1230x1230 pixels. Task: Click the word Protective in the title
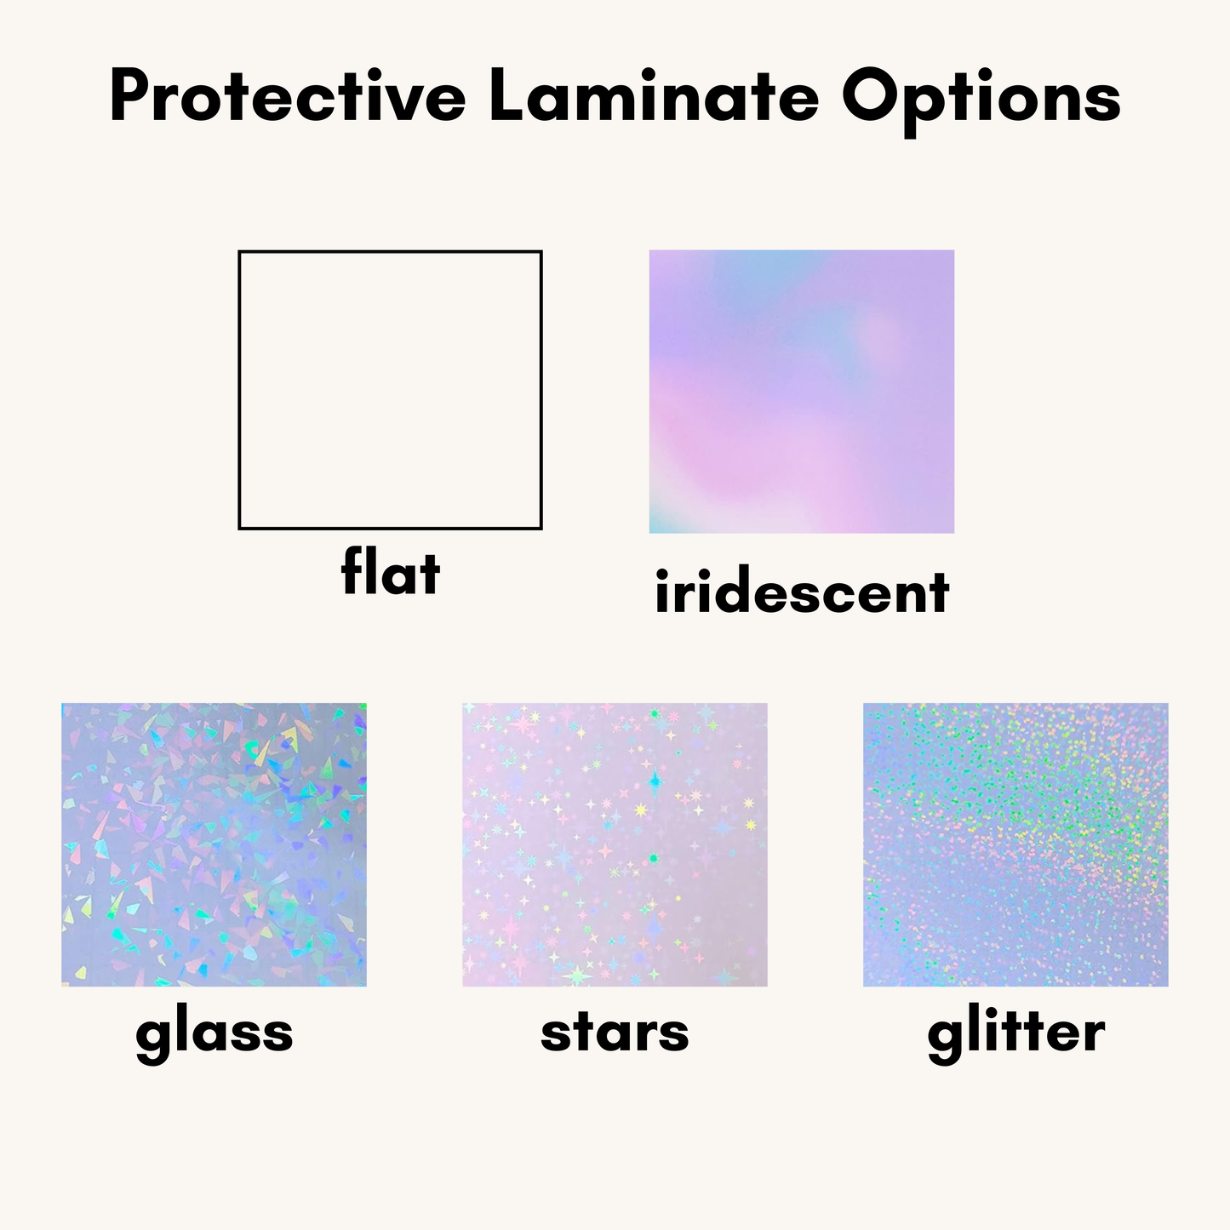[x=288, y=96]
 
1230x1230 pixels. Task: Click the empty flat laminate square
[x=390, y=390]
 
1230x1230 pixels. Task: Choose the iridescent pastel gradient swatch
[x=801, y=392]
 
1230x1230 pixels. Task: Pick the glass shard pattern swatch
[x=214, y=844]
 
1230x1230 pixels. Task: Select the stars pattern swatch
[x=615, y=844]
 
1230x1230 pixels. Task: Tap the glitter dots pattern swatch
[x=1015, y=844]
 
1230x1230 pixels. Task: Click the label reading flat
[x=391, y=572]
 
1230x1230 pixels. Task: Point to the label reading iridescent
[x=801, y=592]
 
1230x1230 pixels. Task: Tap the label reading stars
[x=615, y=1033]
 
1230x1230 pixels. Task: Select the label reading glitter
[x=1015, y=1033]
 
